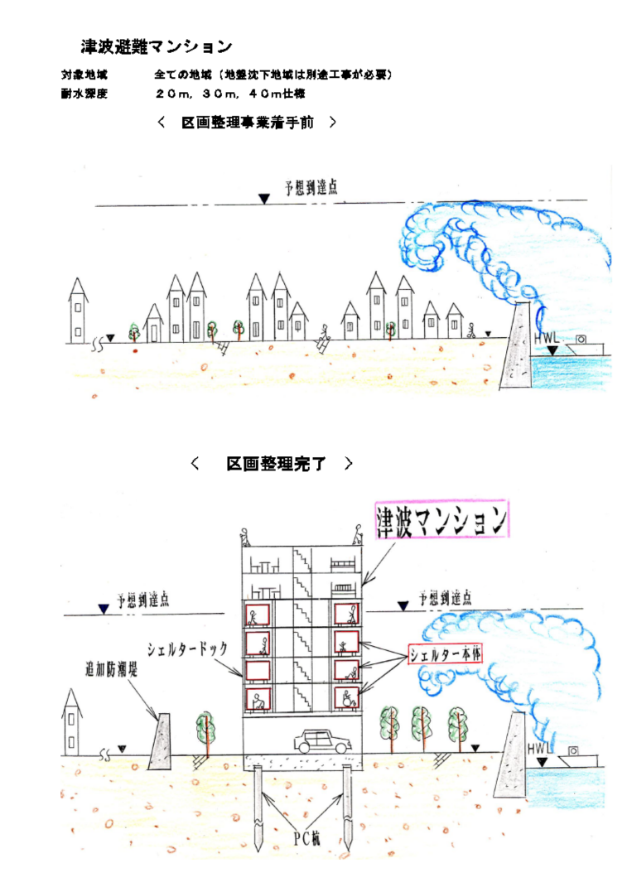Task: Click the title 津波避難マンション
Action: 156,46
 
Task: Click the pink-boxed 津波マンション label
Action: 441,521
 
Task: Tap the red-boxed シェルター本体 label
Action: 446,653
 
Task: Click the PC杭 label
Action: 306,838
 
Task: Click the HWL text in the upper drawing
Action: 547,338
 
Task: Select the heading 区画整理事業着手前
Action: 248,123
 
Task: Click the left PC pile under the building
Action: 258,807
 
